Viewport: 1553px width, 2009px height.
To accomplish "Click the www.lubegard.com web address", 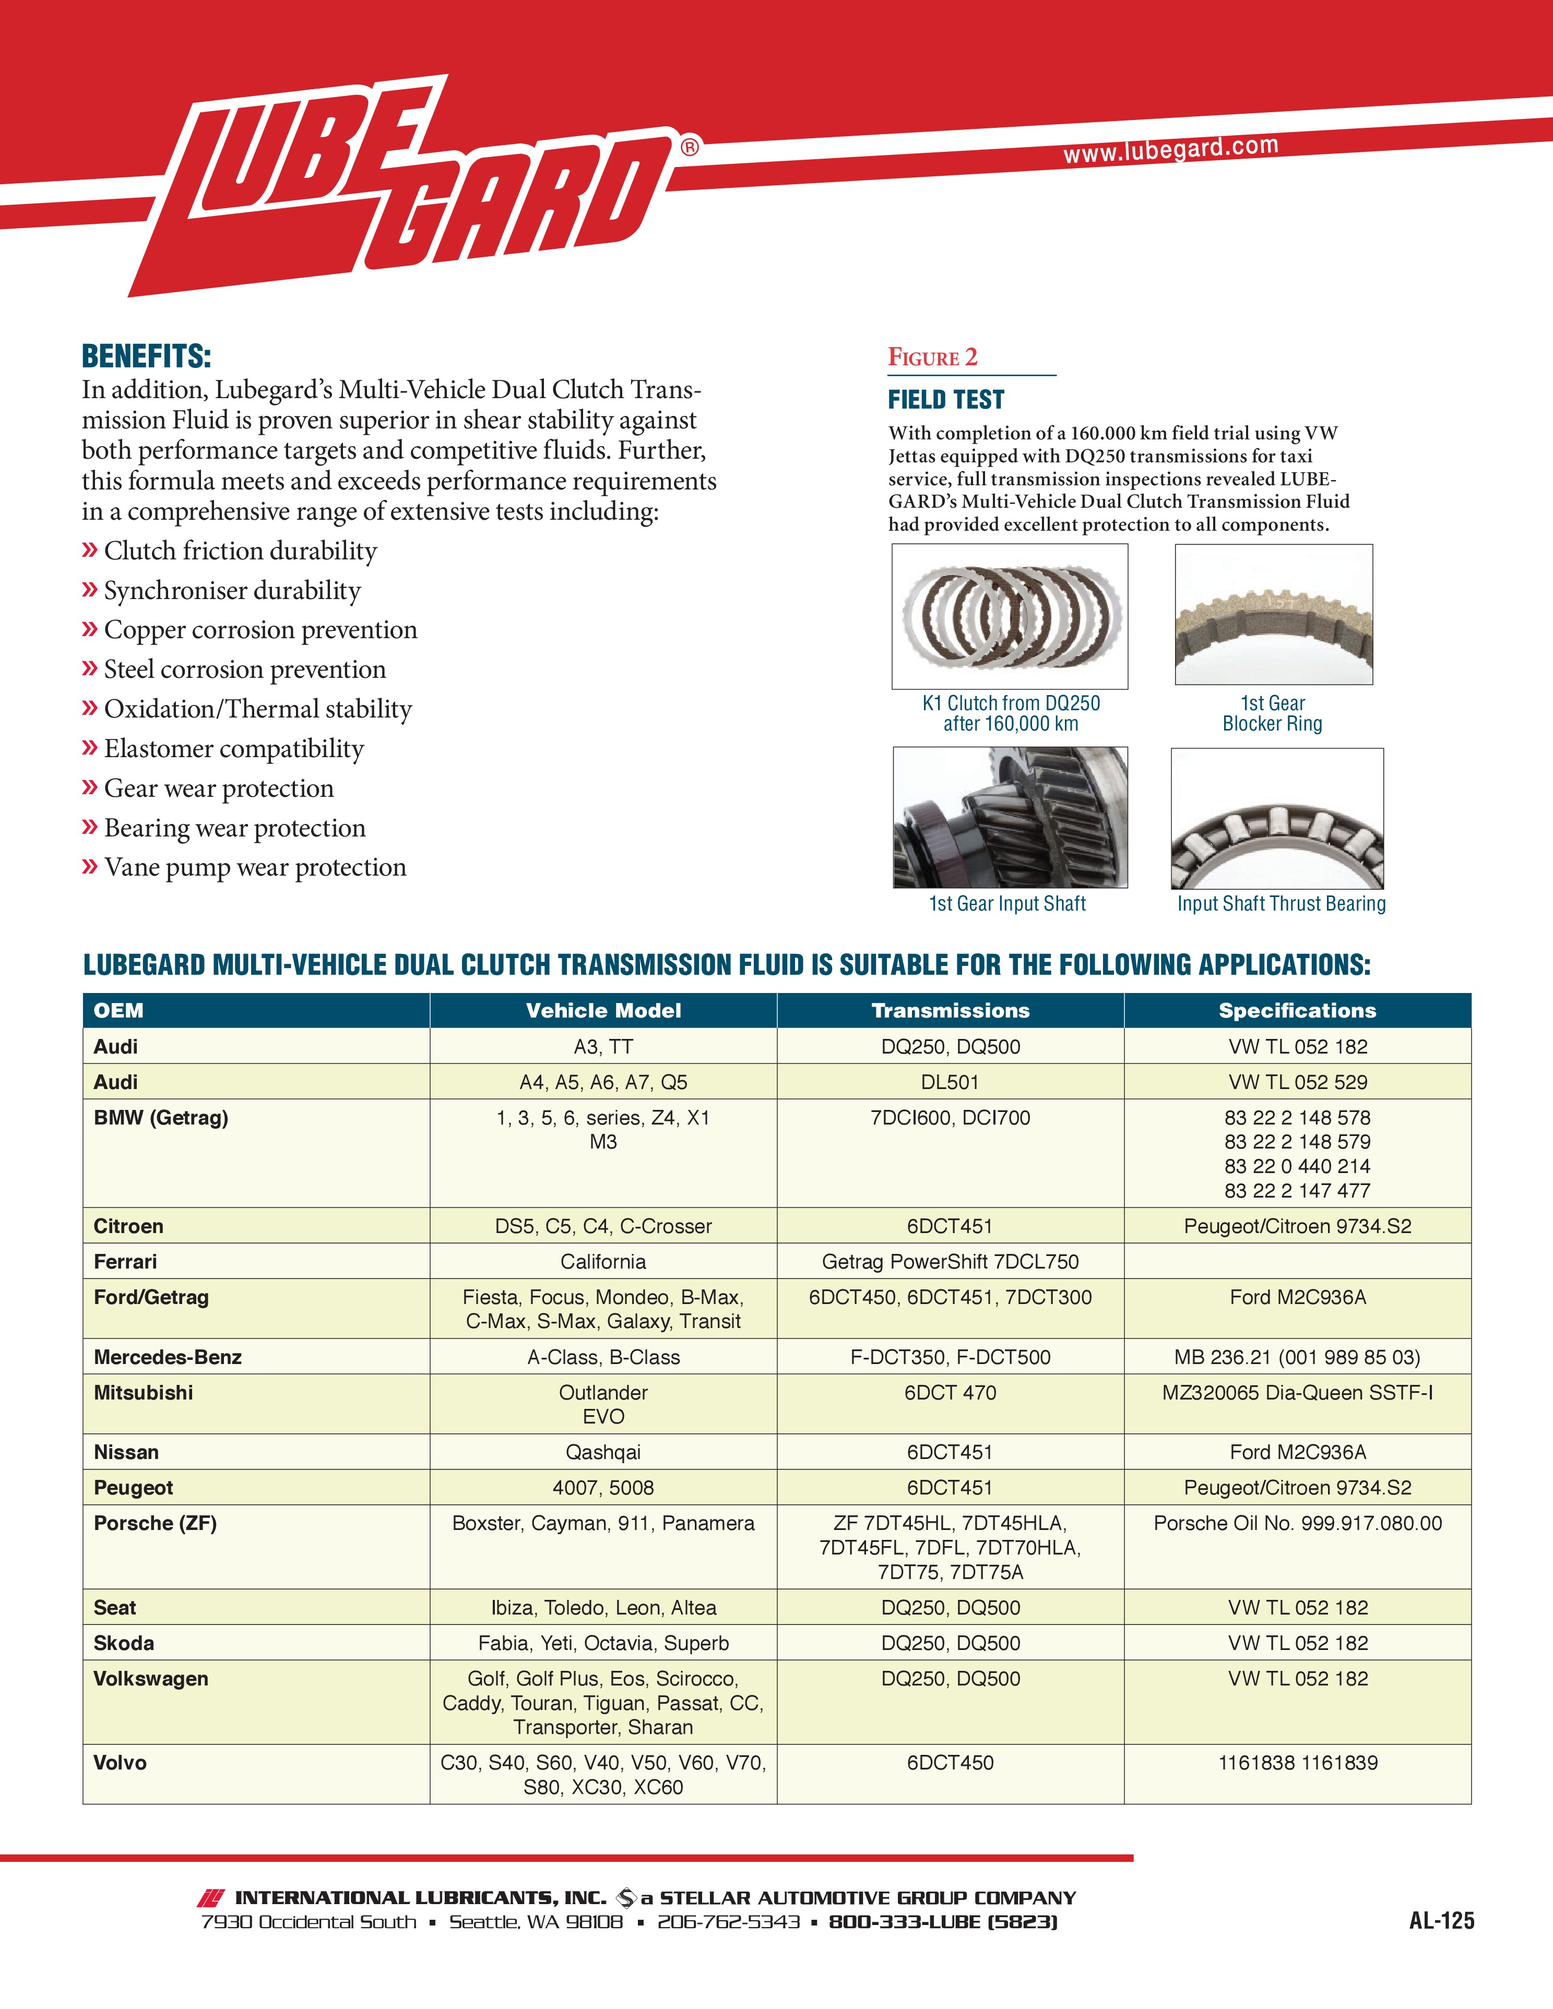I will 1170,149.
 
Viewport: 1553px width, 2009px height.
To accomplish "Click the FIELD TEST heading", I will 946,400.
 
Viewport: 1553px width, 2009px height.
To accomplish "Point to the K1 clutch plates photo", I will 1009,615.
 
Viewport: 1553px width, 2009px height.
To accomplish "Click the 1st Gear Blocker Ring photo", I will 1273,615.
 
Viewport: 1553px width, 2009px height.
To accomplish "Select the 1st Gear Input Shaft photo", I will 1009,817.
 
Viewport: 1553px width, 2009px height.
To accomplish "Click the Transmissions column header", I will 951,1010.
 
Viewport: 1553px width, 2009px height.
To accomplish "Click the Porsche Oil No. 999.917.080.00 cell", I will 1297,1523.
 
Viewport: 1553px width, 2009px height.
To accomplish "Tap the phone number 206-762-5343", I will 728,1922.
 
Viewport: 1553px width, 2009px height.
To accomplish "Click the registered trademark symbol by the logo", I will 689,147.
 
